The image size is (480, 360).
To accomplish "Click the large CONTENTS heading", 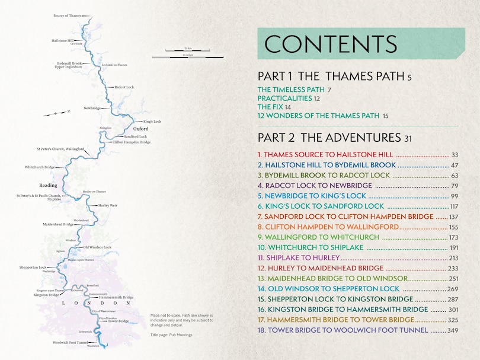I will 331,44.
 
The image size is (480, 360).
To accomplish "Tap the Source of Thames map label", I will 67,15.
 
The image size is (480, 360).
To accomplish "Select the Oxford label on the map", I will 140,129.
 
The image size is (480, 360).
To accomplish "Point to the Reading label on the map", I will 48,185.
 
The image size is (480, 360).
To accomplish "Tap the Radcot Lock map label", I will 124,87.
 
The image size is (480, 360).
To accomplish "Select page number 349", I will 453,330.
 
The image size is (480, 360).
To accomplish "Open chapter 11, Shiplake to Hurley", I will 299,257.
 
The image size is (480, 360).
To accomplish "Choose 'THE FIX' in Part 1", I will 270,107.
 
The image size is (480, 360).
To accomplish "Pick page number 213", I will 454,257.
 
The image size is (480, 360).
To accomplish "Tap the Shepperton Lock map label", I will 33,267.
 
